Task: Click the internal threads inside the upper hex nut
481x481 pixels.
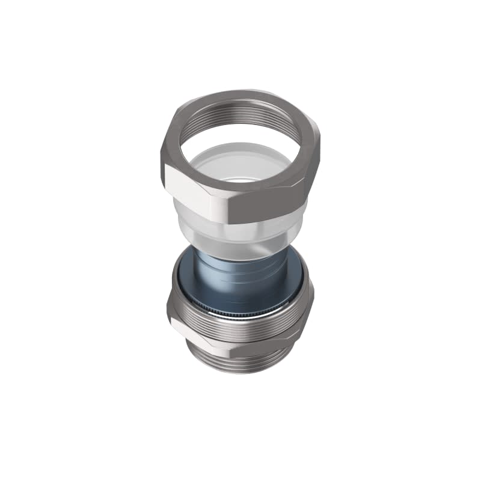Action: click(x=240, y=114)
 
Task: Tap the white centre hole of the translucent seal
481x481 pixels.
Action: click(x=244, y=179)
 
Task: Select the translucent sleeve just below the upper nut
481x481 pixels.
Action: click(x=240, y=231)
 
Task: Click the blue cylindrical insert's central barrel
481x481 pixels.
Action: click(x=240, y=283)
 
